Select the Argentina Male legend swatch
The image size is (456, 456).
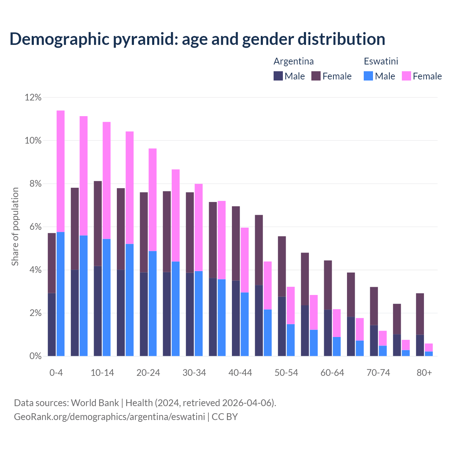[x=278, y=76]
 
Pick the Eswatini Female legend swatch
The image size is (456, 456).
[x=406, y=76]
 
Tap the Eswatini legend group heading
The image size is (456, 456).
[x=381, y=61]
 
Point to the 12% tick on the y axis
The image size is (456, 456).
[x=33, y=98]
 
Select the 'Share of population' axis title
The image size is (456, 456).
[x=15, y=227]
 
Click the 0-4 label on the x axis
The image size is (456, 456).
[x=56, y=373]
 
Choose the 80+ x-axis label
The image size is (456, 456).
[x=424, y=373]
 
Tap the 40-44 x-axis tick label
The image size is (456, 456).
[x=240, y=373]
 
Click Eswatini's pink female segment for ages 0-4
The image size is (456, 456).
[x=61, y=171]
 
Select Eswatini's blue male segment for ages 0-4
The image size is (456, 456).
[x=61, y=294]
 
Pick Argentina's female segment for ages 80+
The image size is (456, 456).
[x=420, y=314]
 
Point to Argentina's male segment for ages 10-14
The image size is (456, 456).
[x=98, y=311]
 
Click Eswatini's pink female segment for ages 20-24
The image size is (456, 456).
[x=152, y=199]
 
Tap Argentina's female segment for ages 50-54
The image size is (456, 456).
[x=282, y=266]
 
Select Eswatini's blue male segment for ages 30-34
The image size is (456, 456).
[x=198, y=313]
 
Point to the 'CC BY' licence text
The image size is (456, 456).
[x=224, y=417]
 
